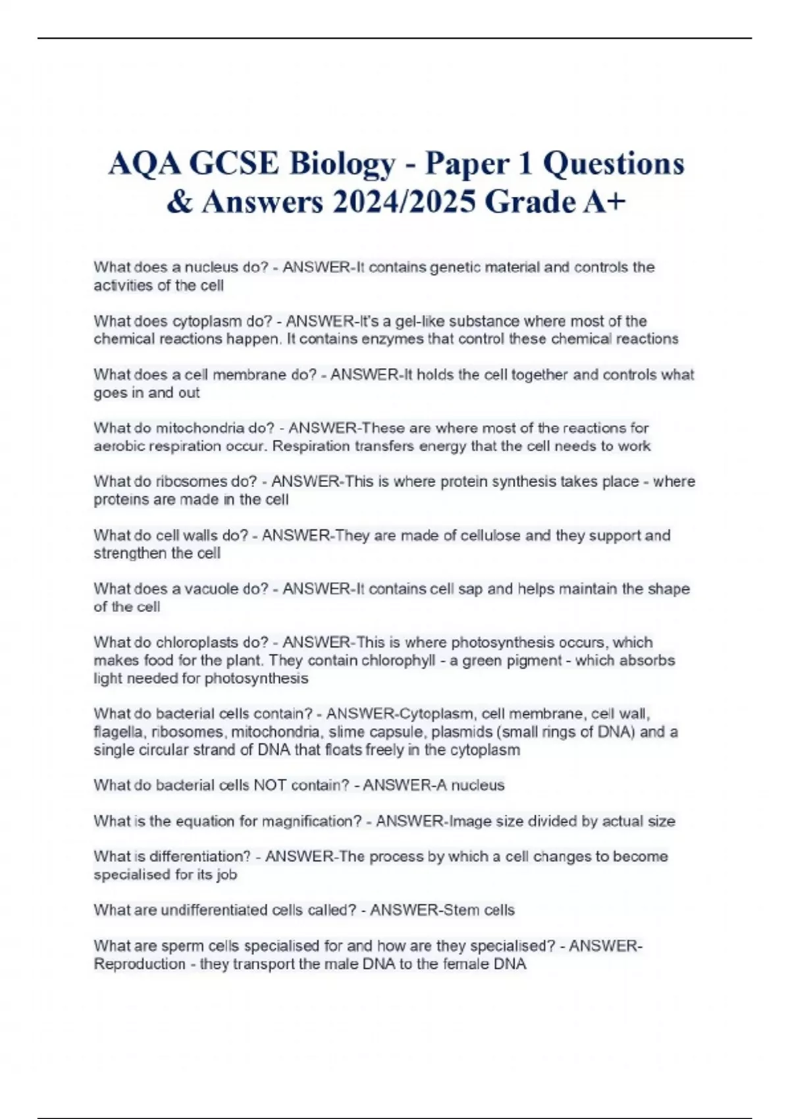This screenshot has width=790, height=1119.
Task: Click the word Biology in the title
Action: pyautogui.click(x=341, y=163)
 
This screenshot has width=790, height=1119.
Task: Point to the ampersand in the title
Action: pyautogui.click(x=179, y=202)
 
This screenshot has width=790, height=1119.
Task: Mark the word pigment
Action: pyautogui.click(x=535, y=660)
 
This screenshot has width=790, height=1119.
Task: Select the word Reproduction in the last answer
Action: pyautogui.click(x=140, y=964)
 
